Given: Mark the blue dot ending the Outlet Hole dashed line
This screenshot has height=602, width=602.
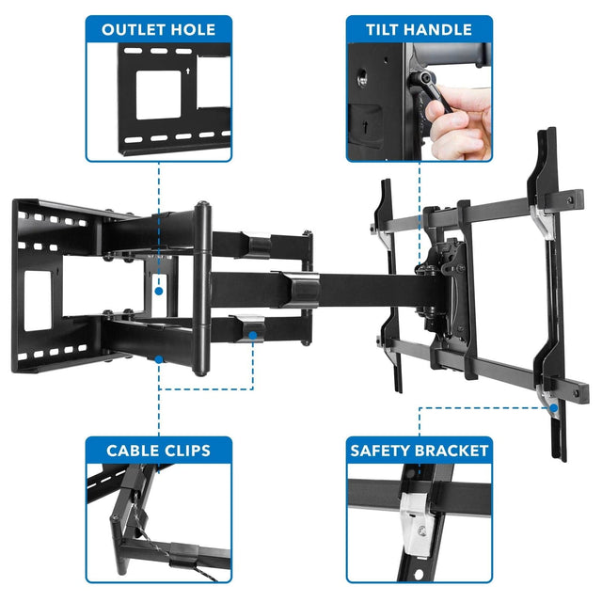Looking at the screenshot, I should pyautogui.click(x=159, y=292).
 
